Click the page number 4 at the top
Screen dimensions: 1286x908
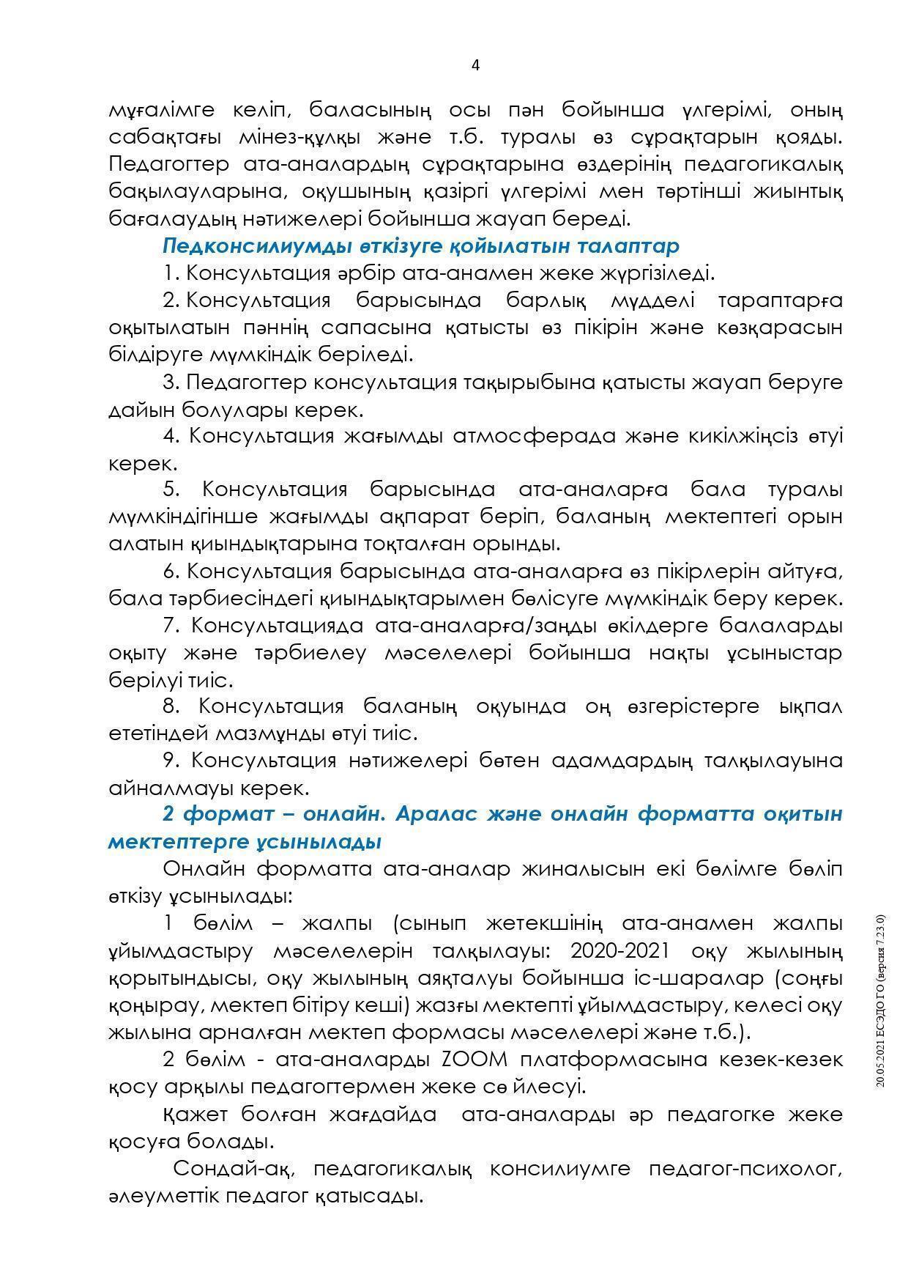pyautogui.click(x=475, y=65)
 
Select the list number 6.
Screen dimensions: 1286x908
pyautogui.click(x=172, y=571)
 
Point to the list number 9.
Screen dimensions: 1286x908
pyautogui.click(x=172, y=761)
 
